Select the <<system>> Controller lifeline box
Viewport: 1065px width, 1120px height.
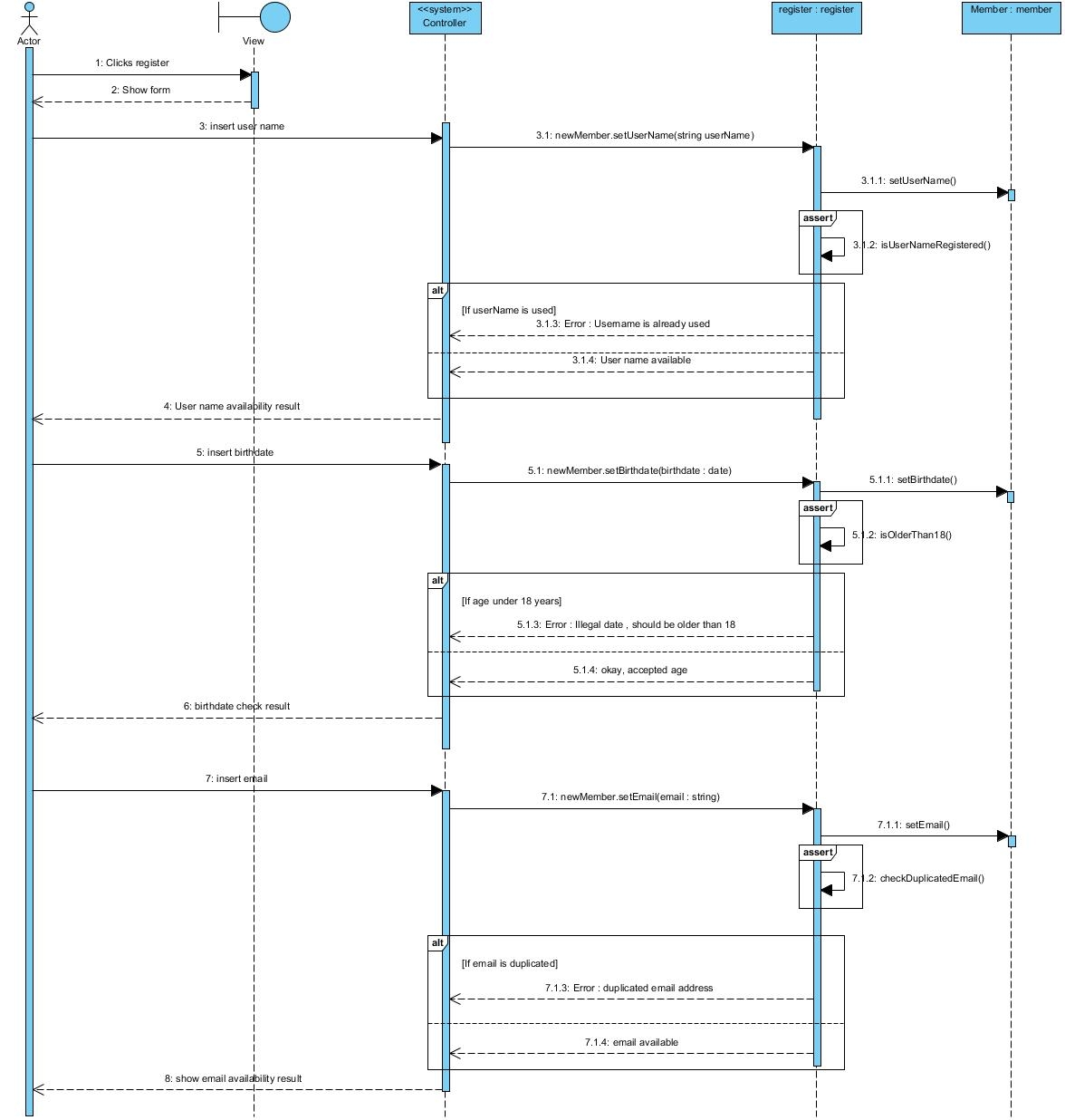(445, 17)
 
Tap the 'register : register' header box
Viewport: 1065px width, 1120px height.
(816, 17)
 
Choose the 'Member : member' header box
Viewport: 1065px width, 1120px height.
(1011, 17)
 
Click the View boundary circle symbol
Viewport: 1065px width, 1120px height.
(274, 17)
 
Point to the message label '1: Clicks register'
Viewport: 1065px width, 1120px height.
(132, 63)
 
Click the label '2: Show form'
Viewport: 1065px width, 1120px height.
(140, 91)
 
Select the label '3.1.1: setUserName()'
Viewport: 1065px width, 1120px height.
(908, 181)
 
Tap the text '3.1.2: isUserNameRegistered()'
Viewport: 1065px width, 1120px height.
(921, 245)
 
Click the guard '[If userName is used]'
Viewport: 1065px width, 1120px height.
(509, 310)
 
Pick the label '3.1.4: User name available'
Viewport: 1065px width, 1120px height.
(631, 361)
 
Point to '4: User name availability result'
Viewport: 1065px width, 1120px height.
(232, 407)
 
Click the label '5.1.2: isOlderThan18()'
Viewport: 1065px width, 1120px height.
(902, 535)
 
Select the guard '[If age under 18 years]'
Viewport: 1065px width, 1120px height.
(512, 602)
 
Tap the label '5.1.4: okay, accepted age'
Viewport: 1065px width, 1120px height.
(630, 671)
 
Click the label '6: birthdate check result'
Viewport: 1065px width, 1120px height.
(236, 707)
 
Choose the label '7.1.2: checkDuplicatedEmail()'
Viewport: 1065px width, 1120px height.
(917, 878)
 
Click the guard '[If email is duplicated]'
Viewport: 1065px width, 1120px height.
(510, 964)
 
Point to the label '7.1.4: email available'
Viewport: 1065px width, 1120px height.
(631, 1043)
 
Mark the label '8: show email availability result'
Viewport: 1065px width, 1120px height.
(233, 1079)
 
